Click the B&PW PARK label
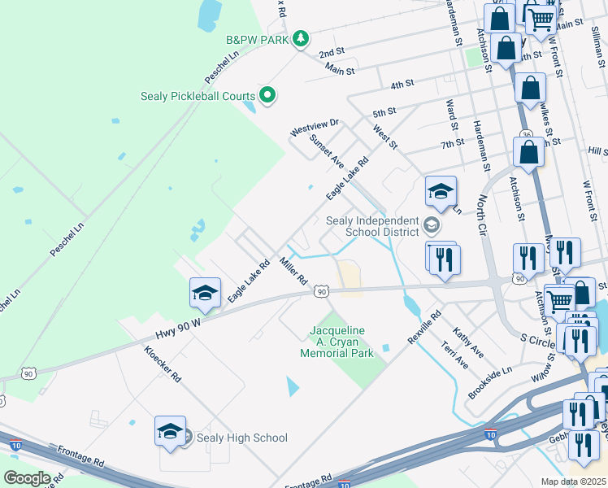258,38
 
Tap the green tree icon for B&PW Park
301,38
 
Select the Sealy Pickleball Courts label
198,96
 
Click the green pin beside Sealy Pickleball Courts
267,96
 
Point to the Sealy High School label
241,438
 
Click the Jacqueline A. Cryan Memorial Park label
337,342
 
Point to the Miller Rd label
293,271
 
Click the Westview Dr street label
314,127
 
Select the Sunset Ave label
327,151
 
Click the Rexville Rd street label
423,325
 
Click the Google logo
27,478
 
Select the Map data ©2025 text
574,481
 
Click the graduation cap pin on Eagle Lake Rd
206,293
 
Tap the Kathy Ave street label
469,343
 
